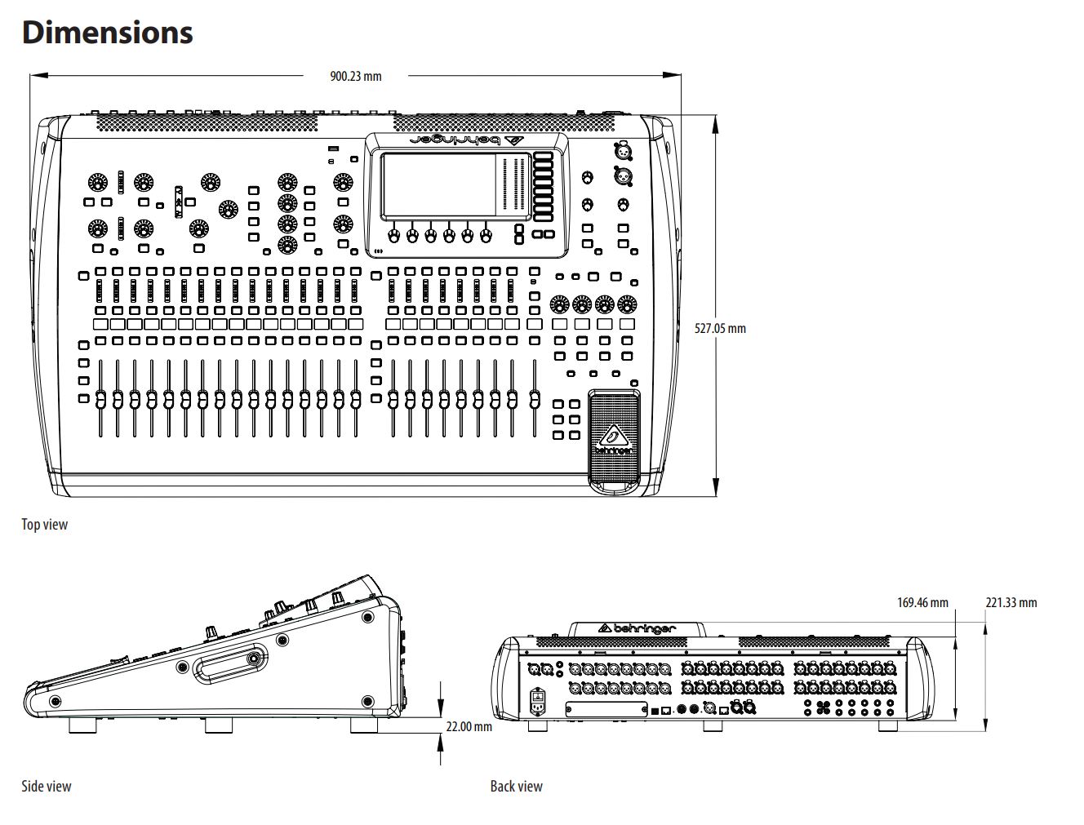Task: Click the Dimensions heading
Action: click(x=107, y=33)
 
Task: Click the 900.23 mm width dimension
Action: click(x=355, y=76)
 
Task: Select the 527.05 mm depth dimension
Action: click(x=720, y=329)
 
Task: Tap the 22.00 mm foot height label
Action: click(x=469, y=726)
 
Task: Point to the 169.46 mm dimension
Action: click(x=922, y=603)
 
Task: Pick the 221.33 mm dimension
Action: click(x=1011, y=603)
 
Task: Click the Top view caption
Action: click(x=45, y=525)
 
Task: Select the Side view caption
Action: click(x=47, y=787)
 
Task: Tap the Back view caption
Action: click(x=516, y=787)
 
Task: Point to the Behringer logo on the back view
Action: click(x=638, y=628)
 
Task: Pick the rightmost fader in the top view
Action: click(x=535, y=400)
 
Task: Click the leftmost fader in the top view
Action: click(x=100, y=400)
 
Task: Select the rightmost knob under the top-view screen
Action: click(x=486, y=235)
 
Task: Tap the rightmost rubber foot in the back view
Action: click(x=889, y=725)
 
